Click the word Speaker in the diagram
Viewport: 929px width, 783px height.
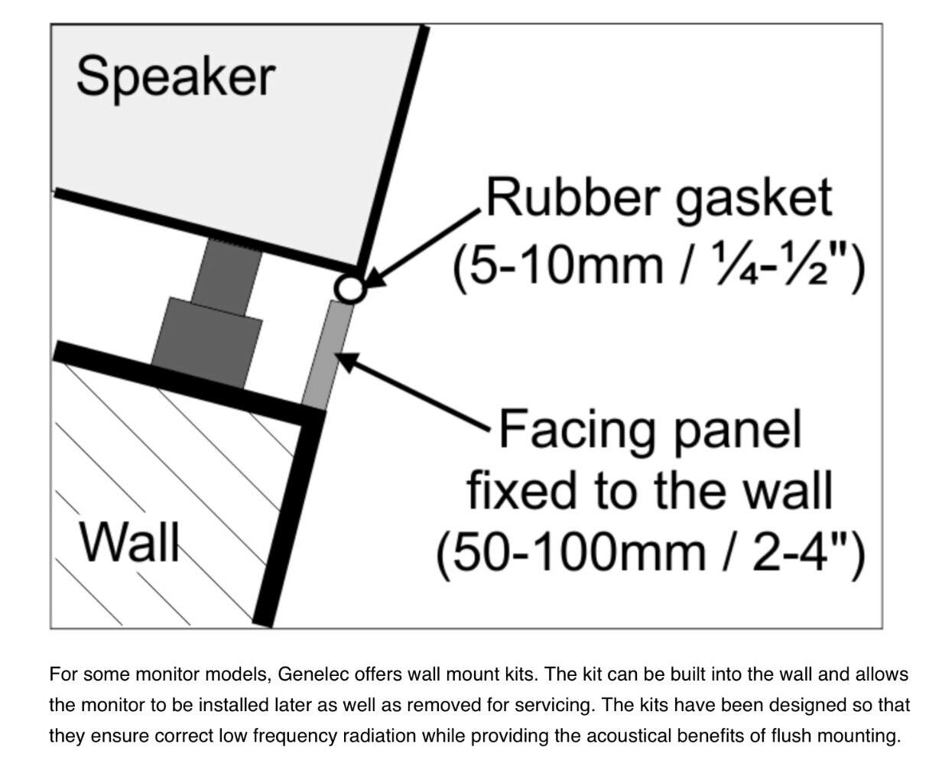(175, 77)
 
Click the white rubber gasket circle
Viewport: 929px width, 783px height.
(349, 288)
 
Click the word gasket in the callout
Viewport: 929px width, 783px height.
(752, 199)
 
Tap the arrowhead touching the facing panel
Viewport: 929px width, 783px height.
(346, 361)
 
